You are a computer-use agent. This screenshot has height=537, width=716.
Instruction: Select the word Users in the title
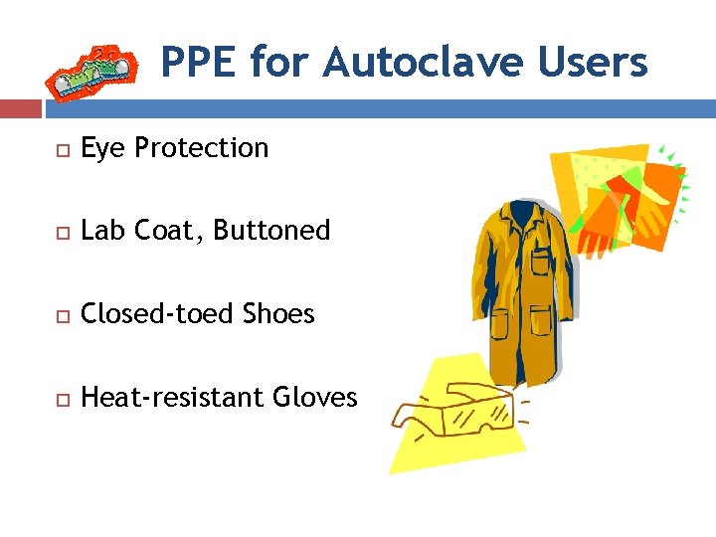click(593, 62)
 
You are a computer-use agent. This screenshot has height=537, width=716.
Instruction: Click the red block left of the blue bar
click(20, 107)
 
